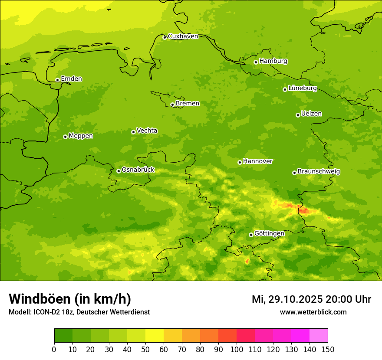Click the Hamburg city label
pyautogui.click(x=273, y=61)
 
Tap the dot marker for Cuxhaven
pyautogui.click(x=165, y=38)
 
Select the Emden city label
pyautogui.click(x=71, y=79)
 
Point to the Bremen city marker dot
pyautogui.click(x=172, y=105)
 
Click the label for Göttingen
pyautogui.click(x=269, y=234)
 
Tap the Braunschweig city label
pyautogui.click(x=319, y=172)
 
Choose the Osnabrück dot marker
pyautogui.click(x=119, y=171)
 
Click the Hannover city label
pyautogui.click(x=257, y=161)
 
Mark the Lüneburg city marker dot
pyautogui.click(x=285, y=89)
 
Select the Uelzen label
pyautogui.click(x=311, y=114)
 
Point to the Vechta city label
pyautogui.click(x=147, y=131)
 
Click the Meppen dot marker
pyautogui.click(x=65, y=137)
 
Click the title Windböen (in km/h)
pyautogui.click(x=70, y=299)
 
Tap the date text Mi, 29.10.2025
pyautogui.click(x=286, y=299)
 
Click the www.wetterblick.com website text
pyautogui.click(x=313, y=312)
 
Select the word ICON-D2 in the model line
pyautogui.click(x=46, y=312)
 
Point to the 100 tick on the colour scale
pyautogui.click(x=237, y=349)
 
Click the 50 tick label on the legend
pyautogui.click(x=145, y=349)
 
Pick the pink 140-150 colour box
pyautogui.click(x=319, y=336)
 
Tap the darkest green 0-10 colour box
pyautogui.click(x=63, y=336)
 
